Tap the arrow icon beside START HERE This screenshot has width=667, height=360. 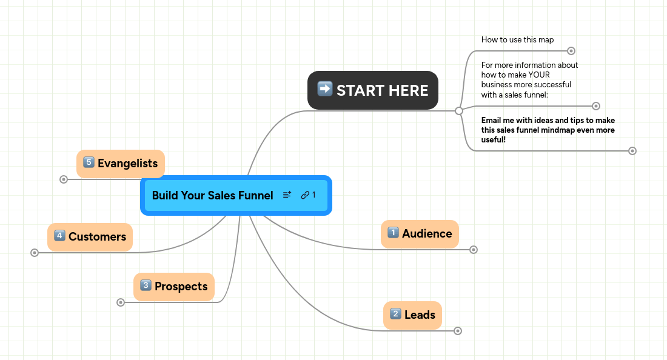pos(325,89)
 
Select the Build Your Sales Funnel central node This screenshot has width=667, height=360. pos(212,195)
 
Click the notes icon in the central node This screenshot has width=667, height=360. pos(287,195)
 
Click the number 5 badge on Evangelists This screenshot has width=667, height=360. pos(89,162)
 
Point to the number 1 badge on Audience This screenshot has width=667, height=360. pos(393,233)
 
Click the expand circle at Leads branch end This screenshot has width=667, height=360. pos(458,331)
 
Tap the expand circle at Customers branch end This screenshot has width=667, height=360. pos(35,253)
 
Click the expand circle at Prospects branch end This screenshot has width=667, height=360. pos(121,302)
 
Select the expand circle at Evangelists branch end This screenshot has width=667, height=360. pos(64,179)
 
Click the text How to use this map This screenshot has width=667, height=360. pos(517,40)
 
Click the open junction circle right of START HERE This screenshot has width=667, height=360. pos(459,111)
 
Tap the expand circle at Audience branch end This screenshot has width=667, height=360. pos(474,250)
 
